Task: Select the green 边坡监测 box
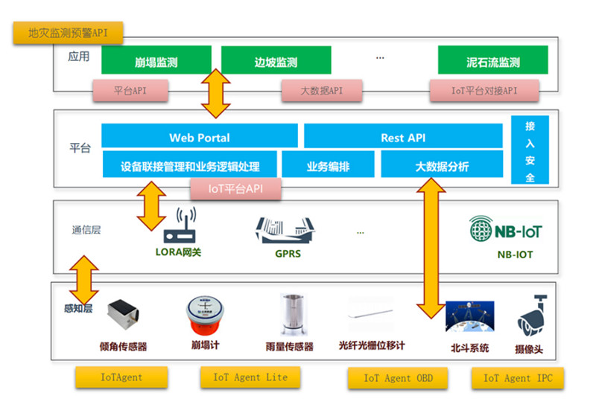tap(276, 61)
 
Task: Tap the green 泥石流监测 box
tap(492, 61)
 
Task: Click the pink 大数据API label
tap(321, 92)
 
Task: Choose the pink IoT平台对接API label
tap(484, 92)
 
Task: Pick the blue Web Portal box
tap(200, 137)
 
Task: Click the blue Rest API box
tap(403, 137)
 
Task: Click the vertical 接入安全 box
tap(530, 151)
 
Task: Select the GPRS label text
tap(287, 254)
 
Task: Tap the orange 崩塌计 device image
tap(205, 316)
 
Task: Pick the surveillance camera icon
tap(533, 316)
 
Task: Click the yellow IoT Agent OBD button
tap(398, 378)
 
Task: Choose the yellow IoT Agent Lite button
tap(250, 377)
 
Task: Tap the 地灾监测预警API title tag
tap(68, 33)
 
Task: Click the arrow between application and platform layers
tap(217, 93)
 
